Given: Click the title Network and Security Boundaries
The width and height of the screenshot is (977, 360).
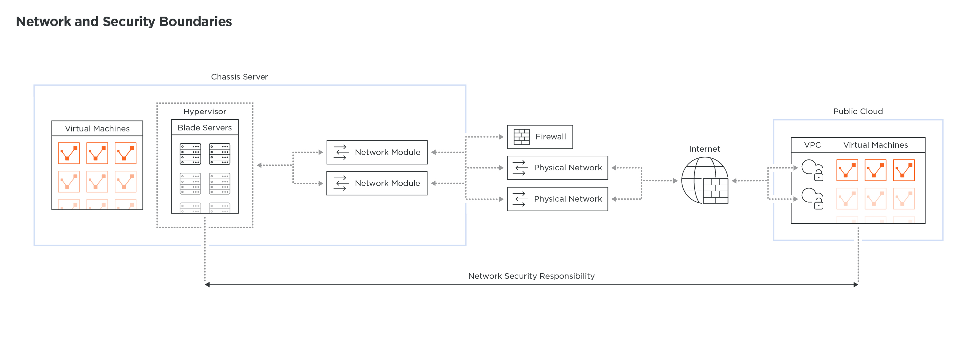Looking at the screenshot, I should tap(124, 22).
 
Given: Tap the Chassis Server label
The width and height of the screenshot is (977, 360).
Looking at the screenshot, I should tap(239, 77).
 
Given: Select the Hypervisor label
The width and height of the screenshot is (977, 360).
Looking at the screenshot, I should tap(205, 111).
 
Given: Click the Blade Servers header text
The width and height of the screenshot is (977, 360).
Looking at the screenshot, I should tap(205, 128).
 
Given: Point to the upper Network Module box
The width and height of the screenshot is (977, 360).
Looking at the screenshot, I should tap(377, 152).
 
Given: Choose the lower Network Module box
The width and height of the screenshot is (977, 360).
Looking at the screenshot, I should tap(377, 183).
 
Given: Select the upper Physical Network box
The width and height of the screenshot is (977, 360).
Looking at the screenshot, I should tap(557, 168).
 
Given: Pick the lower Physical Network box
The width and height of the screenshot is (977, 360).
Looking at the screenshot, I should tap(557, 199).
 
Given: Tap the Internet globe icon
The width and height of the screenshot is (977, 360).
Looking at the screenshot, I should tap(704, 181).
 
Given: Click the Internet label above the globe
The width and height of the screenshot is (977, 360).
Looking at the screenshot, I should tap(704, 149).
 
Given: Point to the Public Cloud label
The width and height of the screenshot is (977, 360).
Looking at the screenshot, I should tap(858, 111).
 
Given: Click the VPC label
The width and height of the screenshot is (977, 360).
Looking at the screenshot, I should tap(812, 145).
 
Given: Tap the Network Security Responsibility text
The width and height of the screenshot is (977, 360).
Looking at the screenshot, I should tap(531, 276).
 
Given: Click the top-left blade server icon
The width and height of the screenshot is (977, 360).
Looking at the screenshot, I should tap(190, 154).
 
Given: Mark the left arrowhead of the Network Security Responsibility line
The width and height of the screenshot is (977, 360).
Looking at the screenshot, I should tap(208, 284).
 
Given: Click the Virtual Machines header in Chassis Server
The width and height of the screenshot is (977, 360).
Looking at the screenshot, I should tap(97, 129).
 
